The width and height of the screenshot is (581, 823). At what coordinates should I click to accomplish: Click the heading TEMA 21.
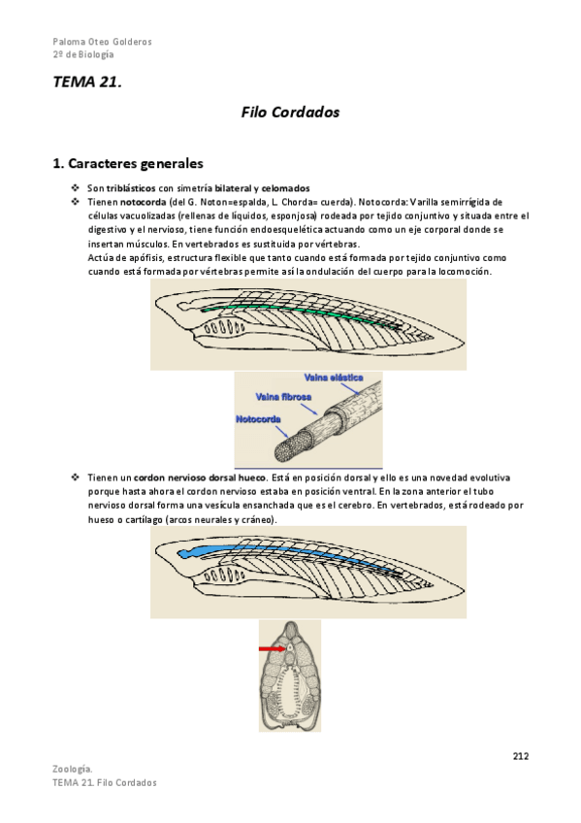pyautogui.click(x=87, y=82)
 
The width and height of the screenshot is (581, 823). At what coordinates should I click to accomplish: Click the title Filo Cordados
pyautogui.click(x=290, y=112)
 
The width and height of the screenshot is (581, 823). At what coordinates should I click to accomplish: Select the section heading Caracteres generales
pyautogui.click(x=128, y=163)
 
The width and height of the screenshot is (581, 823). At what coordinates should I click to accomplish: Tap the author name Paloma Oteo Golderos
pyautogui.click(x=102, y=42)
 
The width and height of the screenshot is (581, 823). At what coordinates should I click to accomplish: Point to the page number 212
pyautogui.click(x=521, y=756)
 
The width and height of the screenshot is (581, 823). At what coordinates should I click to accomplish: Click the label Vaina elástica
pyautogui.click(x=334, y=378)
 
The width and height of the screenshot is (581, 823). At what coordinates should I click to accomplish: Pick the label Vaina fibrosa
pyautogui.click(x=283, y=397)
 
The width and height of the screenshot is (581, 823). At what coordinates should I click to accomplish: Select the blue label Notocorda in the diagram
pyautogui.click(x=258, y=419)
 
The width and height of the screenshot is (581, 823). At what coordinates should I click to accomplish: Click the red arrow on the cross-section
pyautogui.click(x=273, y=648)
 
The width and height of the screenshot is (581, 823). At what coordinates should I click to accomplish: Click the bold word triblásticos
pyautogui.click(x=131, y=188)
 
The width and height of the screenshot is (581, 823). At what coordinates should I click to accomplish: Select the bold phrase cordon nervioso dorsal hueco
pyautogui.click(x=200, y=477)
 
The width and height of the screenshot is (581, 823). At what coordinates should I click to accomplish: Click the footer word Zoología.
pyautogui.click(x=73, y=769)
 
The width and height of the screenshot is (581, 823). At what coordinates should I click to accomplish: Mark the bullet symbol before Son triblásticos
pyautogui.click(x=76, y=187)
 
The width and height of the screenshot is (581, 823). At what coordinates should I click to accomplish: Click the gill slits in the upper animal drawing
pyautogui.click(x=224, y=328)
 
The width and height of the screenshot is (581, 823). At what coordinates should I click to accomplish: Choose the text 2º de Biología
pyautogui.click(x=83, y=54)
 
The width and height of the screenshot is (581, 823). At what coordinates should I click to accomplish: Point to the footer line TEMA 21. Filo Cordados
pyautogui.click(x=105, y=782)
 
